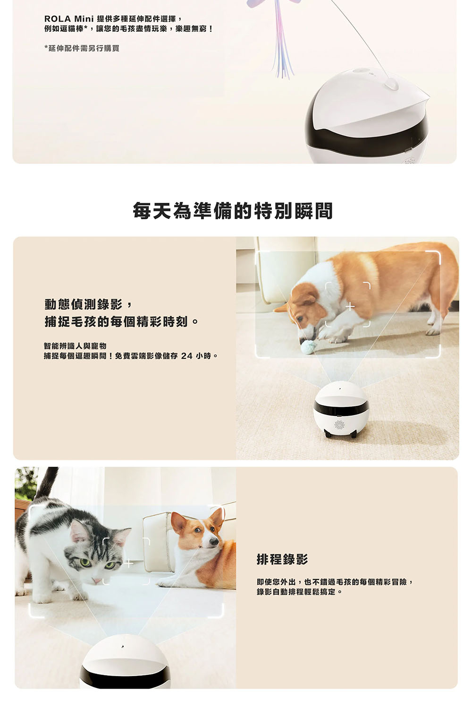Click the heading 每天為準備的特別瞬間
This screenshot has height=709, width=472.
click(233, 211)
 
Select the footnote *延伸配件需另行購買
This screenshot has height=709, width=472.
click(82, 48)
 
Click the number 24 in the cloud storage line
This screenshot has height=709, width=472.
click(186, 356)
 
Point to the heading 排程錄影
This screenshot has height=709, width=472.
click(282, 559)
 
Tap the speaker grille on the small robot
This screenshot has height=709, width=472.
click(339, 425)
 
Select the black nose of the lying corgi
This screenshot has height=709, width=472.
click(214, 542)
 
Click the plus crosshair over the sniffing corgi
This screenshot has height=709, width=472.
click(350, 306)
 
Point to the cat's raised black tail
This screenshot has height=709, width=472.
click(46, 482)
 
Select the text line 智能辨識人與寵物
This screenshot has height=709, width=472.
click(75, 346)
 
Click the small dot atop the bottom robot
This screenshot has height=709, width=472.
click(122, 647)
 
